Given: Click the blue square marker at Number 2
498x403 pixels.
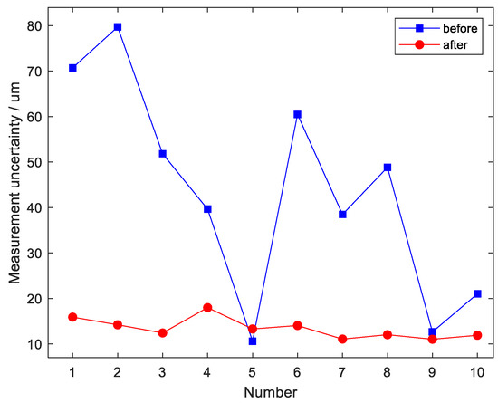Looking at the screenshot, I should pos(118,27).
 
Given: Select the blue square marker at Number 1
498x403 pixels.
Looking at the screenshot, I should pos(72,68).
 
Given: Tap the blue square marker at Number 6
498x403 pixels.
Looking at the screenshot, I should pos(297,115).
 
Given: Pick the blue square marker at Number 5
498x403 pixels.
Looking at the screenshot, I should pos(252,341).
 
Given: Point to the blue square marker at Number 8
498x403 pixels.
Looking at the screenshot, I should pos(387,168).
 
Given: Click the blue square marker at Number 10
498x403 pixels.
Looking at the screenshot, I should pos(476,293).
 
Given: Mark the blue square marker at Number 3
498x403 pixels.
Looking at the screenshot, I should pos(162,154).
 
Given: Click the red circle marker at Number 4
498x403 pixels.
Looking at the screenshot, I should pos(207,308).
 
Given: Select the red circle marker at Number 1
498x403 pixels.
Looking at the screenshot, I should pos(72,317).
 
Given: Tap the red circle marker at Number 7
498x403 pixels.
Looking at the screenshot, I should pos(342,339).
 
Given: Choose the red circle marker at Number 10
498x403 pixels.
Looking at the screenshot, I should pos(476,335).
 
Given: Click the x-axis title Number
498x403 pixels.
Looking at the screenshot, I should pos(274,391).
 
